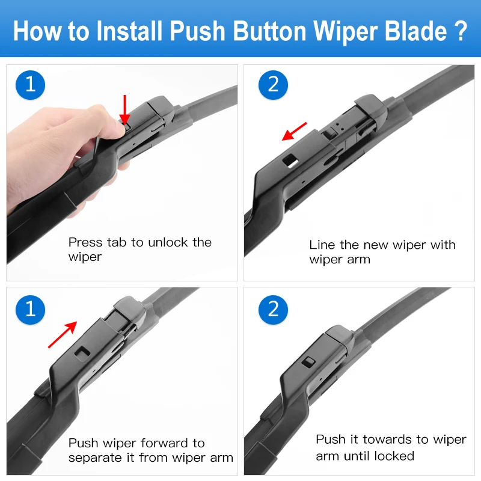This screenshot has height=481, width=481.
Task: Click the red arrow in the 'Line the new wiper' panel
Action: click(x=295, y=131)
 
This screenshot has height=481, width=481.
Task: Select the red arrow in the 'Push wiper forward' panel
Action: click(x=63, y=334)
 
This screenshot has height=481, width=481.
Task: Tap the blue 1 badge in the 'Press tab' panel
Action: click(x=30, y=84)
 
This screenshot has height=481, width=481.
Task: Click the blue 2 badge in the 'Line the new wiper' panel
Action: click(x=274, y=84)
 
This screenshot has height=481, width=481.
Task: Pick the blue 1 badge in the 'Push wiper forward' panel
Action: click(x=30, y=309)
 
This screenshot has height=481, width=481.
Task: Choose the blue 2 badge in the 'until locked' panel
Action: click(x=274, y=309)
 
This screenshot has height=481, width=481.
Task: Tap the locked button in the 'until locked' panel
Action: click(x=310, y=361)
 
